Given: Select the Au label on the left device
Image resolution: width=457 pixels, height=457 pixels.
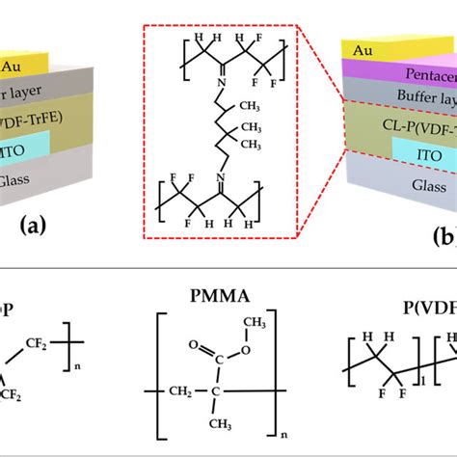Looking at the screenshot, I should [x=32, y=67].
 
